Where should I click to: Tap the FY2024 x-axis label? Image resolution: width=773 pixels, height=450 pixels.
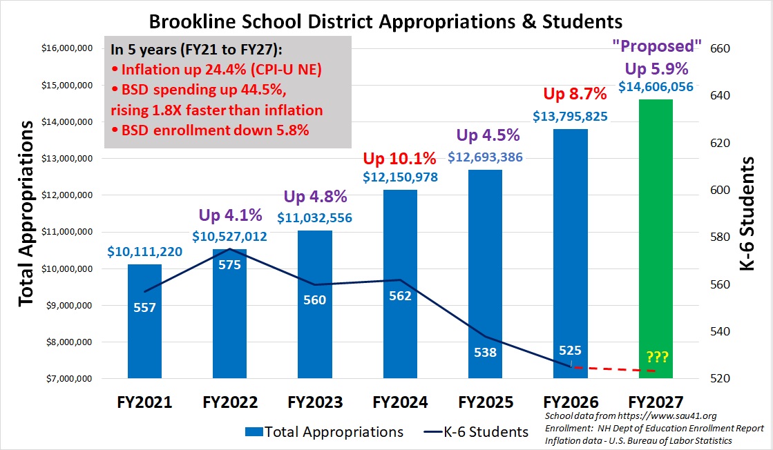(400, 402)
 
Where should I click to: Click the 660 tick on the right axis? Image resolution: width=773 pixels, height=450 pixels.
(718, 49)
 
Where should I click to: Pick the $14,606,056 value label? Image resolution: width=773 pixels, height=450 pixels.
(656, 87)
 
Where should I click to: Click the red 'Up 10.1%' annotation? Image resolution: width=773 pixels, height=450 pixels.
(400, 158)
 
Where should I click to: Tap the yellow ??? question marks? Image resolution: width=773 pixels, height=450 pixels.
(657, 357)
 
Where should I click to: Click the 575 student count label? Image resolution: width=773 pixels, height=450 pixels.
(230, 264)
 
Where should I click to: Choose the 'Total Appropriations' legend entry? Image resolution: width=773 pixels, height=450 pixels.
(324, 433)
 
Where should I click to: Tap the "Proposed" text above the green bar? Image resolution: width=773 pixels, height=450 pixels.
(657, 46)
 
